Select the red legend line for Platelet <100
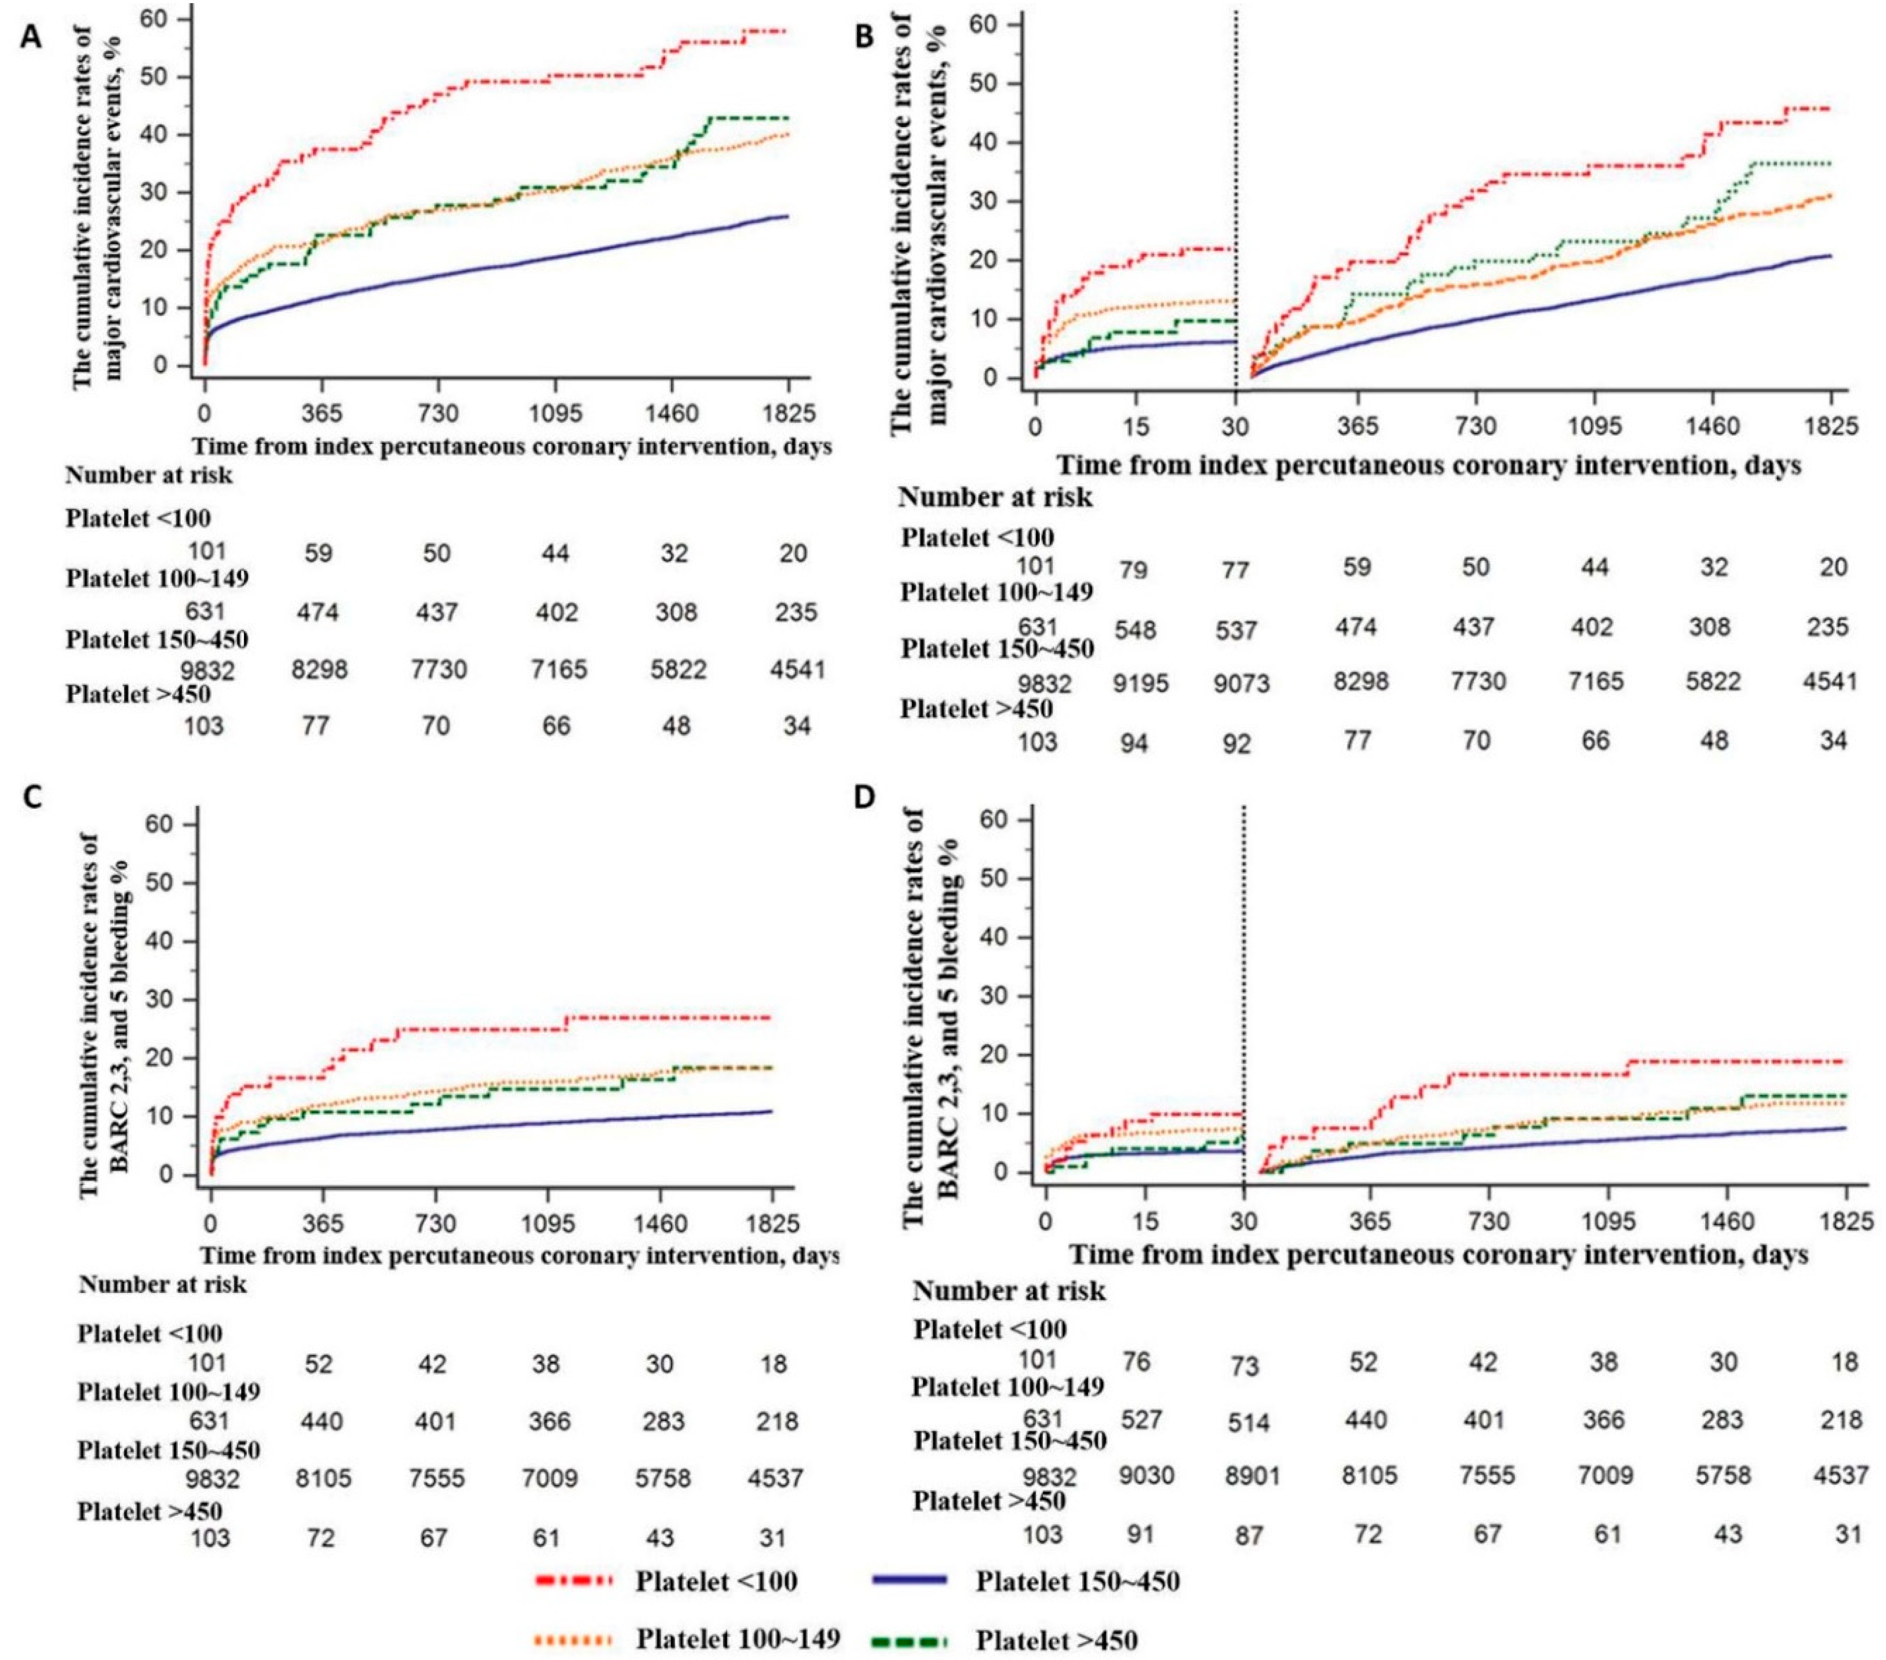coord(573,1581)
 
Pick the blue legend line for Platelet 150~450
coord(909,1581)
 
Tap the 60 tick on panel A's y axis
coord(178,17)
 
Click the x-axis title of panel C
coord(519,1256)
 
